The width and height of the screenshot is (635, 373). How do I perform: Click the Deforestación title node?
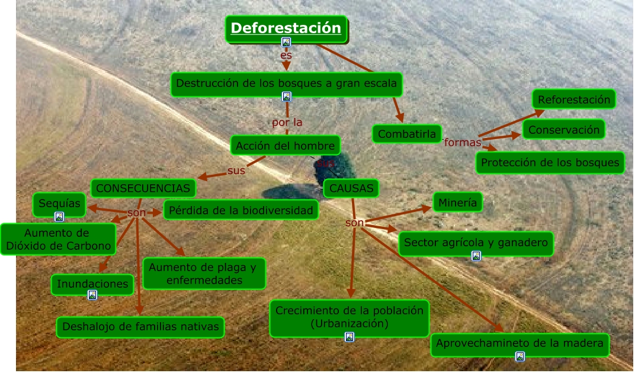(x=286, y=28)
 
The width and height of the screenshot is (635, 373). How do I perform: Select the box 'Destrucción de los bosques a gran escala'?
(x=287, y=83)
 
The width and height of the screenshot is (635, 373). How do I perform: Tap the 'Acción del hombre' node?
(x=286, y=145)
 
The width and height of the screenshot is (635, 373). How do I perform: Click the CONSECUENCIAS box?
(x=143, y=188)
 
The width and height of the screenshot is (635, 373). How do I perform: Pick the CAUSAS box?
(x=352, y=188)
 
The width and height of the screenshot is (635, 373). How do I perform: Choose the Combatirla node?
(x=407, y=134)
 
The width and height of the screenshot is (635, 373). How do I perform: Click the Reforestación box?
(x=573, y=99)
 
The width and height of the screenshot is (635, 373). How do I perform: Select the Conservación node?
(x=564, y=130)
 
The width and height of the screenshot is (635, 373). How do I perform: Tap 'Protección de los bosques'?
(x=550, y=162)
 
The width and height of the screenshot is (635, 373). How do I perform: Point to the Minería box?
(x=457, y=203)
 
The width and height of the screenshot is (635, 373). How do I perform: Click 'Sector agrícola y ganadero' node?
(x=476, y=242)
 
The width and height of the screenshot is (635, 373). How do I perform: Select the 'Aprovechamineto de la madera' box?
(x=519, y=343)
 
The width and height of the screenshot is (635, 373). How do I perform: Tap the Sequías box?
(x=59, y=204)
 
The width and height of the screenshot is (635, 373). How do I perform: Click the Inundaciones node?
(x=92, y=284)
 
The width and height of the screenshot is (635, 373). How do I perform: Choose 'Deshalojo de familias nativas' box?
(x=140, y=326)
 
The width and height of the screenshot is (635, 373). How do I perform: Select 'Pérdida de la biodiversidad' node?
(x=240, y=210)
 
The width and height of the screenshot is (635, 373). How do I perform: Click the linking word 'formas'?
(x=462, y=142)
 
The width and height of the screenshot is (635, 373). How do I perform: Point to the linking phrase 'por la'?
(x=287, y=123)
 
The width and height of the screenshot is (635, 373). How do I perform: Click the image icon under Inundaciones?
(x=92, y=294)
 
